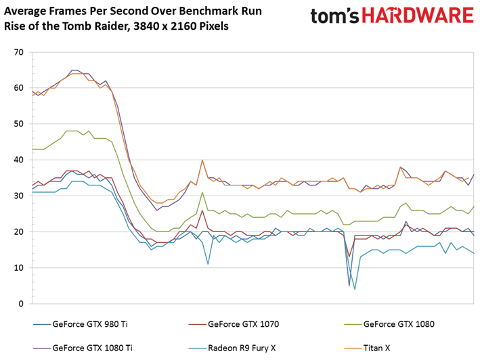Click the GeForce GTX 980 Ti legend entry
(81, 324)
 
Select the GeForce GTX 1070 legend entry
(234, 324)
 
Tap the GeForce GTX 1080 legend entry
(389, 324)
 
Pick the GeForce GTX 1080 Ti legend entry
(83, 348)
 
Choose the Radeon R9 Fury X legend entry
(232, 348)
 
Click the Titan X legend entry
(368, 348)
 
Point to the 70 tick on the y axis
(19, 52)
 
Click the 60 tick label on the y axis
(19, 88)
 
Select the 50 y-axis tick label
(19, 124)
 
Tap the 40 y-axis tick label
(19, 160)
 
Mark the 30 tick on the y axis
(19, 196)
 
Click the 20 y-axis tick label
(19, 232)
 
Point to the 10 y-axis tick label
(19, 268)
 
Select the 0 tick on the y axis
(21, 304)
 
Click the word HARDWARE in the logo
(418, 16)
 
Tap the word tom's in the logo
(334, 16)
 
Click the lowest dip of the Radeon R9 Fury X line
(355, 289)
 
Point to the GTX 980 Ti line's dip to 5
(349, 286)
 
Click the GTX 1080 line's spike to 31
(202, 192)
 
